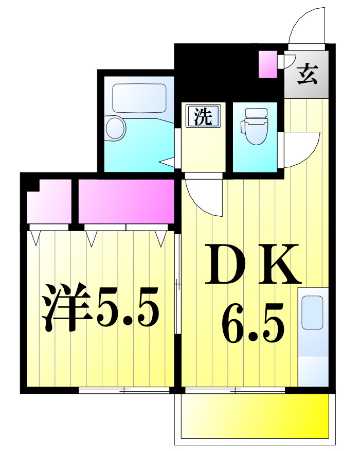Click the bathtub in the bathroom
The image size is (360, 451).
pos(139,98)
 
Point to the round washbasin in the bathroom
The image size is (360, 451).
pos(116,128)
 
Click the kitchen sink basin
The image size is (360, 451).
pos(312,313)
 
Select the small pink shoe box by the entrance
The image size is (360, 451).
pos(267,64)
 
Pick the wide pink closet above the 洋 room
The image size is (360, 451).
pos(126,201)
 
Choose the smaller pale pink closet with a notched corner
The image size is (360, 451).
pos(50,201)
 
